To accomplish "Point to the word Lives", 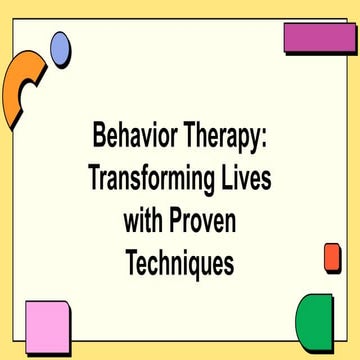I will [246, 177].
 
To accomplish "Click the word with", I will [145, 221].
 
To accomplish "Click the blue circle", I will [61, 46].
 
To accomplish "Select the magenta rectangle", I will [320, 38].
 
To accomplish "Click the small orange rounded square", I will [333, 257].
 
